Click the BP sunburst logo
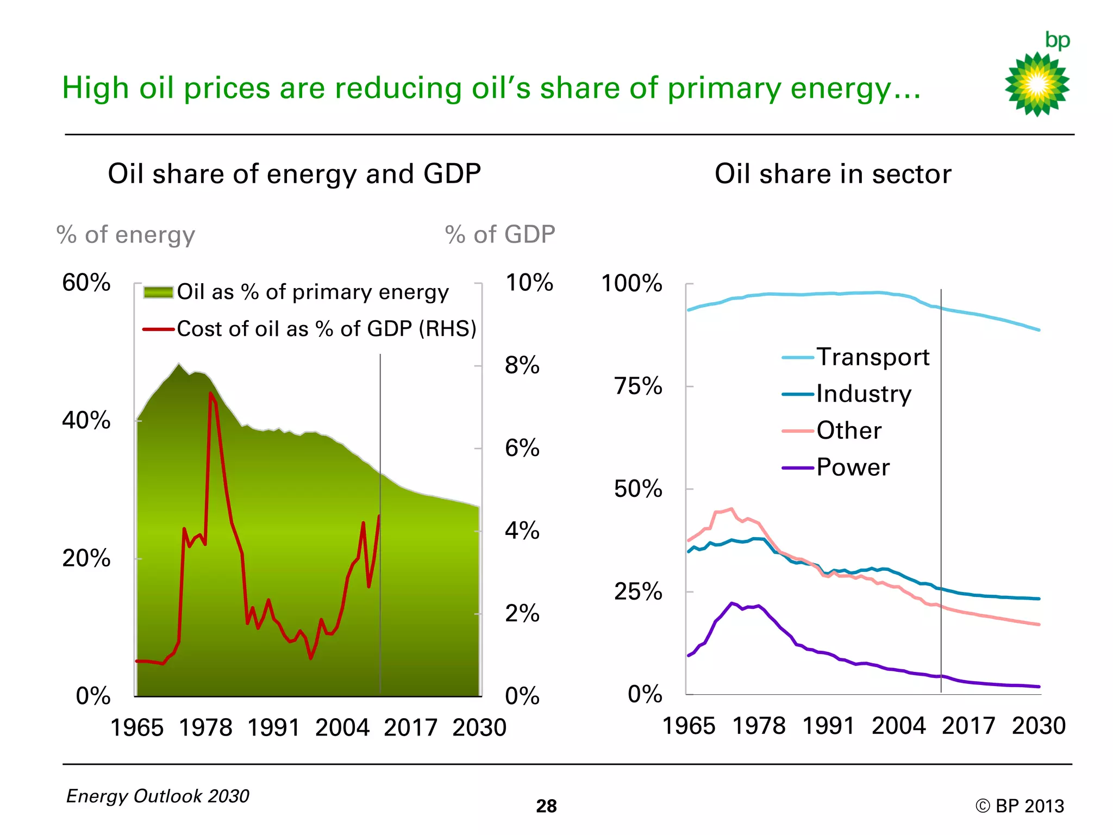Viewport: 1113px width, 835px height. coord(1037,84)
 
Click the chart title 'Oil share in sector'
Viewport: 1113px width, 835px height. coord(833,174)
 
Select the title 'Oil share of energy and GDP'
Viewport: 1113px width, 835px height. coord(294,174)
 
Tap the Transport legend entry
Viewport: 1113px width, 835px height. coord(872,357)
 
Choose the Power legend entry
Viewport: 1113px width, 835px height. coord(853,468)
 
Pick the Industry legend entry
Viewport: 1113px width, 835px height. coord(864,394)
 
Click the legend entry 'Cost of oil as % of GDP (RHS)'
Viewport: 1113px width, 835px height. coord(326,329)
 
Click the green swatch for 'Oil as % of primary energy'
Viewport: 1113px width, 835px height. coord(158,292)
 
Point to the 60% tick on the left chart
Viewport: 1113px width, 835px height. coord(86,283)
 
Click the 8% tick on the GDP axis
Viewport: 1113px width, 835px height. coord(522,365)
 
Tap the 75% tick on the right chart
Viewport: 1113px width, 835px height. coord(638,386)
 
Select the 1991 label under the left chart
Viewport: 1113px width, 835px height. coord(273,728)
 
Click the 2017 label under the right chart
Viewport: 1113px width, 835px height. coord(968,726)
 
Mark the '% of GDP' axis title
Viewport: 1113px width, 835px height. coord(499,235)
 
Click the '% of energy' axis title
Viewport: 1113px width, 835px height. coord(126,235)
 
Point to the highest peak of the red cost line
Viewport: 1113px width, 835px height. coord(211,394)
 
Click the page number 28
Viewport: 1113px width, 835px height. coord(546,806)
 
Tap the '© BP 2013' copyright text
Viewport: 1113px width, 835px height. coord(1020,806)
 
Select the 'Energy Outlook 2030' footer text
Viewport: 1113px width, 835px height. coord(158,796)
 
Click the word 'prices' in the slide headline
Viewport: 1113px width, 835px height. coord(227,88)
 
